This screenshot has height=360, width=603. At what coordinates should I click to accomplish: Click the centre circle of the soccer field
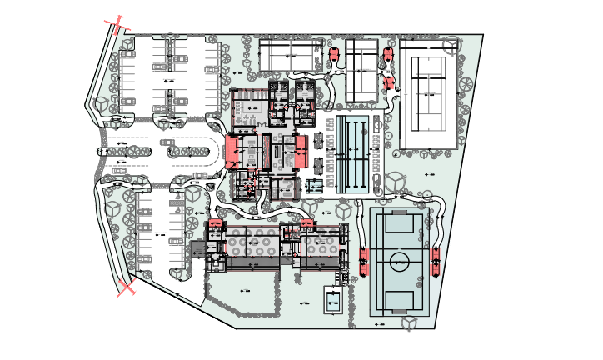click(400, 262)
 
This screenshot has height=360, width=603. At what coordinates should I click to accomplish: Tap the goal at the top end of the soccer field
click(400, 223)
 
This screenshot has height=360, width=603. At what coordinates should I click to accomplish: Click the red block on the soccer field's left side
click(363, 261)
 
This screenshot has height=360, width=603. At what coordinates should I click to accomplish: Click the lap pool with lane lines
click(353, 153)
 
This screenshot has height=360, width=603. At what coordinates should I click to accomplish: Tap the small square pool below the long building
click(334, 301)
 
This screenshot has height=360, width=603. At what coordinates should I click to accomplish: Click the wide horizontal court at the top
click(289, 55)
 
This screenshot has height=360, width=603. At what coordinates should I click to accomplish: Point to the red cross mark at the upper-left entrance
click(116, 22)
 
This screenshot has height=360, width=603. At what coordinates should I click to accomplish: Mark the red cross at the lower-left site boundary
click(126, 287)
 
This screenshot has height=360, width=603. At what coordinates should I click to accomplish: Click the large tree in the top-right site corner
click(451, 44)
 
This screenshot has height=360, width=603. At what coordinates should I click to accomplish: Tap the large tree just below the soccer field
click(409, 322)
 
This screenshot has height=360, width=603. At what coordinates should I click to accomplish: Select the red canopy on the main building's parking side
click(232, 152)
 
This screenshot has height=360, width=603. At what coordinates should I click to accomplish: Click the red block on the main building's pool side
click(301, 152)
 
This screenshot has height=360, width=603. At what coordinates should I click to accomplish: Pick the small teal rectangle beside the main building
click(314, 186)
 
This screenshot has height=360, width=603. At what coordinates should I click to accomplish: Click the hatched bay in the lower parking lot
click(177, 203)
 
